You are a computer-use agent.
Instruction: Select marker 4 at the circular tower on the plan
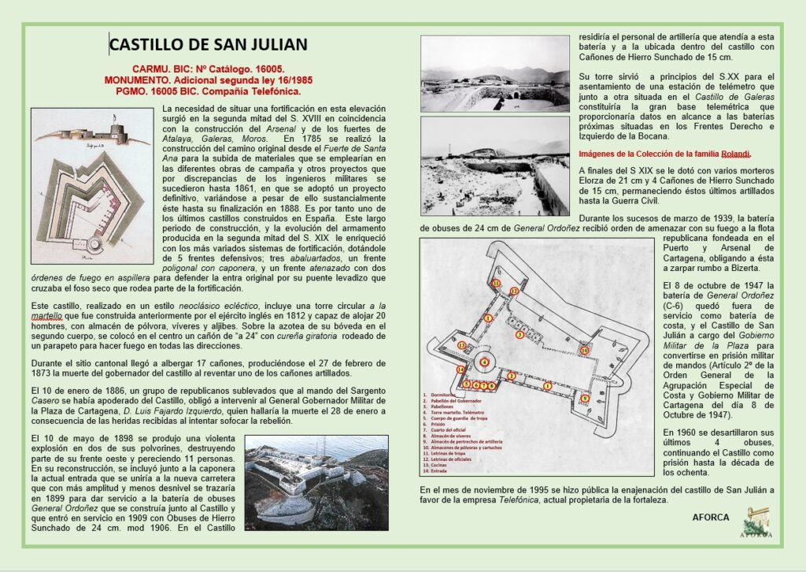click(x=485, y=362)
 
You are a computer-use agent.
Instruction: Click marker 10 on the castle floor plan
click(x=584, y=350)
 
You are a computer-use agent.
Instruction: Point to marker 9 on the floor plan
click(x=584, y=398)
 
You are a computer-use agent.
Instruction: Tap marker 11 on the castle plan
click(x=496, y=282)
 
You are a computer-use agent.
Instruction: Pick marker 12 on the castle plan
click(x=513, y=291)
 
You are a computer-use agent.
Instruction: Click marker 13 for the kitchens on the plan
click(x=462, y=345)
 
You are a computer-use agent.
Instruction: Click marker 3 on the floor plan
click(x=519, y=334)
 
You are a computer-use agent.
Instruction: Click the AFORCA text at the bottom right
click(x=711, y=518)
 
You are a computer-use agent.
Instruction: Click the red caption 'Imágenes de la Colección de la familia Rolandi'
click(x=664, y=154)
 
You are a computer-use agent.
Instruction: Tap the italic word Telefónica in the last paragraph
click(x=524, y=500)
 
